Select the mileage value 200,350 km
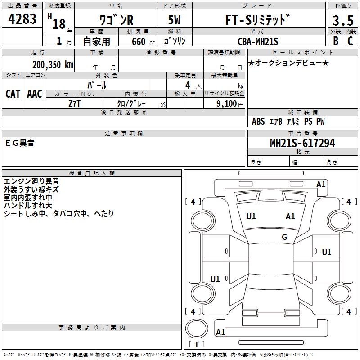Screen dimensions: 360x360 (52, 65)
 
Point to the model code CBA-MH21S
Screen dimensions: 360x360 (258, 41)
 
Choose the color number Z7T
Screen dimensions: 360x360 (75, 103)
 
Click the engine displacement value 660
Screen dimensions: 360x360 (138, 41)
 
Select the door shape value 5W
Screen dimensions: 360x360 (175, 20)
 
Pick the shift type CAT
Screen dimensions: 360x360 (13, 94)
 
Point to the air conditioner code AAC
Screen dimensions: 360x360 (35, 94)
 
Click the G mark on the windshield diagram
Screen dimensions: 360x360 (284, 237)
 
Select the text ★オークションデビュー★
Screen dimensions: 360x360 (288, 63)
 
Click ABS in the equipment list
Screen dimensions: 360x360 (258, 121)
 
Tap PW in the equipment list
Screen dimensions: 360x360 (320, 121)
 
